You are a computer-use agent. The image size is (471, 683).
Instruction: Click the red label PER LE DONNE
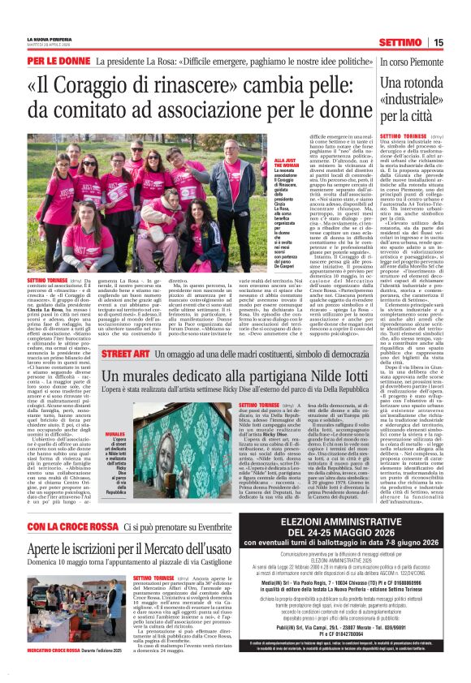coord(58,61)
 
